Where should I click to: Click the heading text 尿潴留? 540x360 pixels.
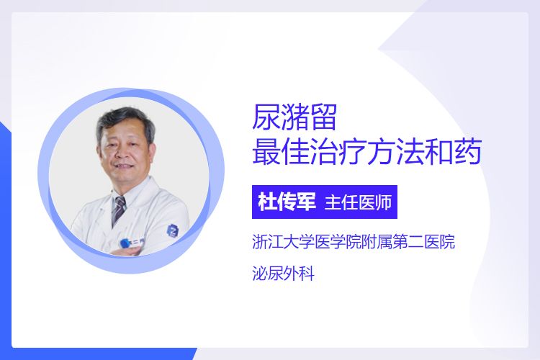294,117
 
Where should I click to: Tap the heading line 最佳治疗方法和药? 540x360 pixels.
366,152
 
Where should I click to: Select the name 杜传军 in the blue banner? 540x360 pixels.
287,202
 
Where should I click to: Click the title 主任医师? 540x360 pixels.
358,202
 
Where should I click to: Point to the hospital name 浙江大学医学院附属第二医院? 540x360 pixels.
354,241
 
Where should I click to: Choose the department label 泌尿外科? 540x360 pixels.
284,274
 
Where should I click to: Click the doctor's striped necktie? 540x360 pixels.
119,209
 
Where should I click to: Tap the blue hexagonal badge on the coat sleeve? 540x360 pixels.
174,230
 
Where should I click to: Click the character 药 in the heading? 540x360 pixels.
468,152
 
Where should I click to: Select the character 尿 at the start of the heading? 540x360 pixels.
266,117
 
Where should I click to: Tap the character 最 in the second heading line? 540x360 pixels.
266,152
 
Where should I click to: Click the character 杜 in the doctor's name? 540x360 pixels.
268,202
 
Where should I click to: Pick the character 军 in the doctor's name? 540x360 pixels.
306,202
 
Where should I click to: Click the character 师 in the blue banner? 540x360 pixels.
383,202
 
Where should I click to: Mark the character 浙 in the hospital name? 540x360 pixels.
260,241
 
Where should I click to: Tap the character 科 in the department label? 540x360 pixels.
307,274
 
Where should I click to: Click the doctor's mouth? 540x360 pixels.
122,167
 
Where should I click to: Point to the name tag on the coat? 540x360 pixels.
130,243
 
